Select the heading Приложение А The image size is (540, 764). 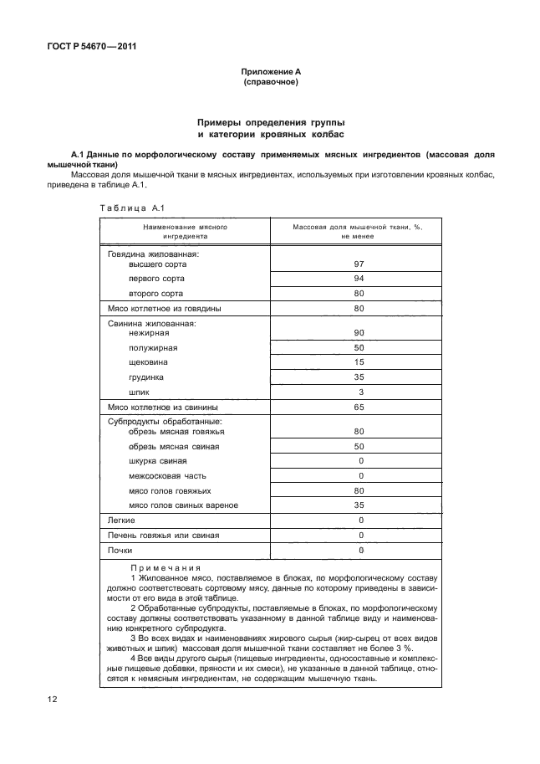(x=270, y=73)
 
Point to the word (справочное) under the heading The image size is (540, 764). (x=270, y=83)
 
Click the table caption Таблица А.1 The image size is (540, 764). (x=123, y=208)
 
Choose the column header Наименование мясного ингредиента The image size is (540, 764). (x=185, y=231)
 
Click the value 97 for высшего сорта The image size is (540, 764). (x=359, y=264)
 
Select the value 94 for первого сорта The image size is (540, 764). (x=359, y=278)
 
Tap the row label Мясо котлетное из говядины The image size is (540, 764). (x=164, y=309)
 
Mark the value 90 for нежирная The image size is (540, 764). (x=359, y=333)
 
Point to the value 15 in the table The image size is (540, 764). (x=359, y=362)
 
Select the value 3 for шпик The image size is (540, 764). (x=360, y=392)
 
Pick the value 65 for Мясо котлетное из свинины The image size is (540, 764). (x=359, y=408)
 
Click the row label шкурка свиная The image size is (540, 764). (x=158, y=461)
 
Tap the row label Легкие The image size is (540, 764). (x=122, y=520)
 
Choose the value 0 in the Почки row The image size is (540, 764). (x=360, y=550)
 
